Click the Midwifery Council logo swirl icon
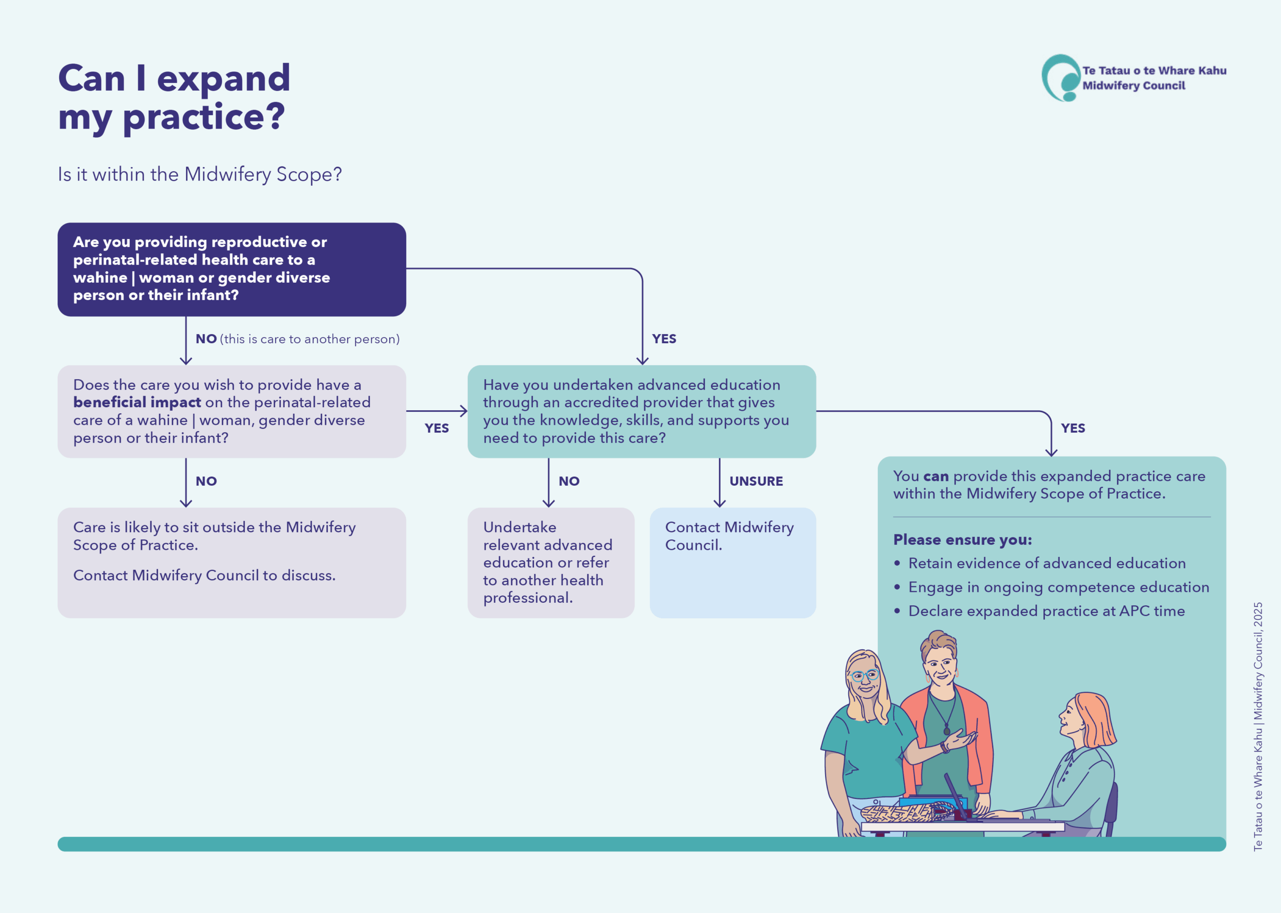tap(1060, 78)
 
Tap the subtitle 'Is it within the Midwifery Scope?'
tap(200, 174)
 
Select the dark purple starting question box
tap(231, 269)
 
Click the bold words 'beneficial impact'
tap(137, 403)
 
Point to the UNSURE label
tap(756, 481)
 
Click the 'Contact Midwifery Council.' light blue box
tap(732, 562)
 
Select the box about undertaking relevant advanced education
tap(550, 562)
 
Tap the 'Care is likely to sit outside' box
tap(231, 562)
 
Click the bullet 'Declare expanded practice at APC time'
tap(1046, 611)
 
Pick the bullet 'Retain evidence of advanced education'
tap(1046, 563)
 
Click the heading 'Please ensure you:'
tap(962, 540)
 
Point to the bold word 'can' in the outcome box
tap(936, 476)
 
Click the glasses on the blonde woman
tap(864, 675)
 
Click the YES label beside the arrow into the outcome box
tap(1072, 428)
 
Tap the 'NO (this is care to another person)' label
tap(297, 339)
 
